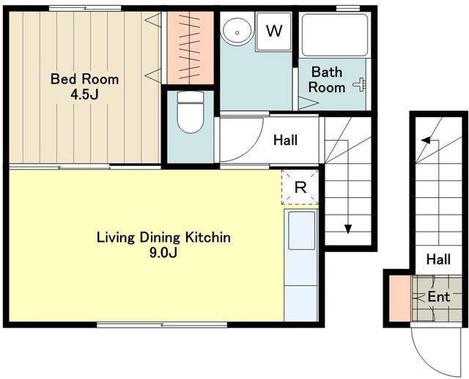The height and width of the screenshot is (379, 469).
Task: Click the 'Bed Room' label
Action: tap(85, 79)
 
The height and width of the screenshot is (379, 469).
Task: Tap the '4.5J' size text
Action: tap(85, 95)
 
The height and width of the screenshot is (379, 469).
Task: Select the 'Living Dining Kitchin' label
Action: tap(163, 238)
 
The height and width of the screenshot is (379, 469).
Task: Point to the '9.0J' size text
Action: tap(163, 253)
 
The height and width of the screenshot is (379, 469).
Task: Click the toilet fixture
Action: tap(191, 112)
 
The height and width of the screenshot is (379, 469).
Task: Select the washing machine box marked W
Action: tap(273, 32)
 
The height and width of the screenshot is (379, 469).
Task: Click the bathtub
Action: tap(335, 35)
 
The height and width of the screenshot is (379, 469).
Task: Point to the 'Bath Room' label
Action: tap(327, 80)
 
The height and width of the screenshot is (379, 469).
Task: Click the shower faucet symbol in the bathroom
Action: tap(360, 84)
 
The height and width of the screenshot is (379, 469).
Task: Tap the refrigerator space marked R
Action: tap(300, 187)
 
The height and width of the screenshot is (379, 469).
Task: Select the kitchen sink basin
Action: tap(301, 230)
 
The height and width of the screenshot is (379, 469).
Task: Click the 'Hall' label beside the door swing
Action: tap(285, 140)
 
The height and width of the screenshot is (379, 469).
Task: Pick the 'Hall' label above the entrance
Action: tap(438, 259)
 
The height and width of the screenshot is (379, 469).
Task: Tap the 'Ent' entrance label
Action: tap(438, 297)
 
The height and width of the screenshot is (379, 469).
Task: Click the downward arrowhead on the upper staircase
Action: tap(347, 229)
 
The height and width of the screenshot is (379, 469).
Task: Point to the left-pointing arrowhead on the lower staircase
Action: tap(426, 140)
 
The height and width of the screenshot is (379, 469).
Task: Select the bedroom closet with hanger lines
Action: tap(191, 48)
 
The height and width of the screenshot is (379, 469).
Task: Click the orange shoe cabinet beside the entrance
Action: tap(400, 298)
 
